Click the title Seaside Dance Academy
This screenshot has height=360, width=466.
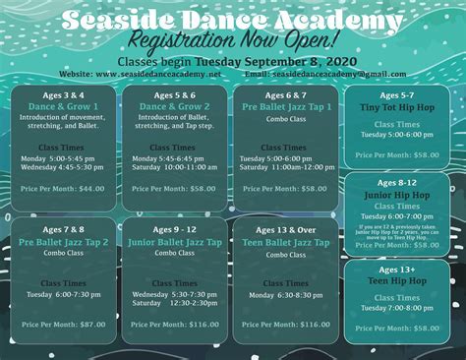point(233,19)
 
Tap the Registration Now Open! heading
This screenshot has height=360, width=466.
point(233,41)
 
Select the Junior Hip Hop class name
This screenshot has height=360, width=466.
point(397,195)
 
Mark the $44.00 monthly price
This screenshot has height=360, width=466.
point(91,188)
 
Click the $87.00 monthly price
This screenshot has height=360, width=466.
point(91,324)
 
